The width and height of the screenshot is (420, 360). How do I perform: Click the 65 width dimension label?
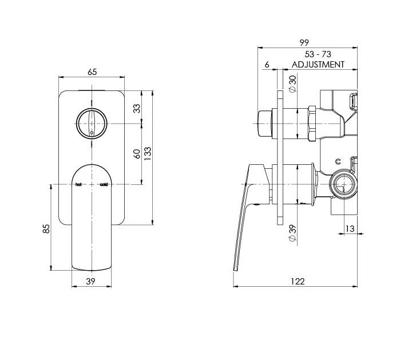(93, 72)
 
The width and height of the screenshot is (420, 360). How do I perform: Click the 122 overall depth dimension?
(296, 281)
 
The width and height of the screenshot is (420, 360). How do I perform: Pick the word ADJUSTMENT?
(318, 65)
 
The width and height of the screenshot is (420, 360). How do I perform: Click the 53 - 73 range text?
(318, 54)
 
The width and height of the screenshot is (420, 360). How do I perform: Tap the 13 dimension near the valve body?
(350, 228)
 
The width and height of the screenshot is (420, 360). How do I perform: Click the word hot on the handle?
(78, 185)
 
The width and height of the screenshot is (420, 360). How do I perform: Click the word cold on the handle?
(104, 185)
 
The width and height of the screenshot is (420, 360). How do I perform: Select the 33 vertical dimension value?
(137, 109)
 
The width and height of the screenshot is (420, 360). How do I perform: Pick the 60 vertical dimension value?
(137, 154)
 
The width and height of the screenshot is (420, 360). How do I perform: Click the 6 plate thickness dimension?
(267, 65)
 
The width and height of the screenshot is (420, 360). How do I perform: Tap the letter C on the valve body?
(338, 161)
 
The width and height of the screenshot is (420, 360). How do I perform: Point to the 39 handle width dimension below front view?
(92, 281)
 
